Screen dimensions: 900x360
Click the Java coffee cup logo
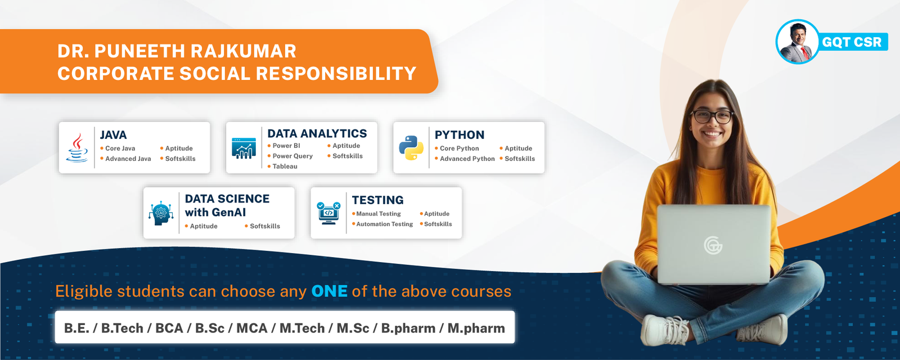click(76, 148)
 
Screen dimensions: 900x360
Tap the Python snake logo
click(411, 148)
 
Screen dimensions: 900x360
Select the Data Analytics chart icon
click(244, 148)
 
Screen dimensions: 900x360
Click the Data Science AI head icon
click(161, 213)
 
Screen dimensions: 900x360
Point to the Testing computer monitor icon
click(328, 213)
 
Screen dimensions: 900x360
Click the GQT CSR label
click(852, 42)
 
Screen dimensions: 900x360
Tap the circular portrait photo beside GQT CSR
click(797, 42)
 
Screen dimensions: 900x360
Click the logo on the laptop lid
click(713, 245)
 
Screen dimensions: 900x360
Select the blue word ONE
click(330, 291)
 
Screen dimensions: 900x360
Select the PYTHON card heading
click(459, 134)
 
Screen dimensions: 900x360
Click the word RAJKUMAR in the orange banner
click(243, 51)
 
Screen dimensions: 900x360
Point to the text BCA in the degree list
click(169, 328)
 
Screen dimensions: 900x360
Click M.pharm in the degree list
click(476, 328)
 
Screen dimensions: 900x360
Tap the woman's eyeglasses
click(712, 117)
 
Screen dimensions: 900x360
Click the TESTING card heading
click(377, 200)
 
